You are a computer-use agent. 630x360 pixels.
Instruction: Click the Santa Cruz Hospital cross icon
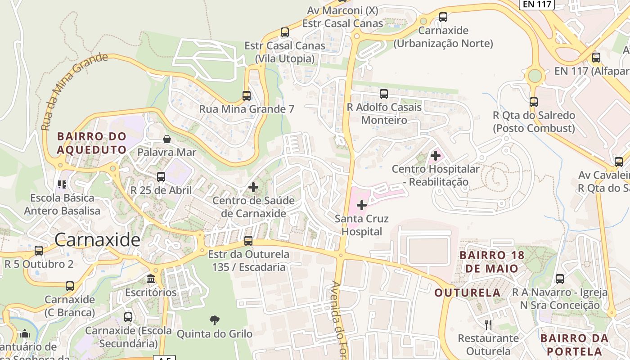click(362, 206)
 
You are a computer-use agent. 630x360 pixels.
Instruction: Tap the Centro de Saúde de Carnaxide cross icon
click(253, 187)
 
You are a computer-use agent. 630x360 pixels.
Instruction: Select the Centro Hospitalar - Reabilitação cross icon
click(435, 156)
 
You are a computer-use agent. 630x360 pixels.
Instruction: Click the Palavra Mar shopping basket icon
click(167, 139)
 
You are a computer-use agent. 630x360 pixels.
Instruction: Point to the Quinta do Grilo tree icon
click(215, 320)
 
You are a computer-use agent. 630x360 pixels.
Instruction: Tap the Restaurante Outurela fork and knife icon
click(488, 324)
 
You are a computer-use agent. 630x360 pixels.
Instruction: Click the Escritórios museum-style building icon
click(151, 279)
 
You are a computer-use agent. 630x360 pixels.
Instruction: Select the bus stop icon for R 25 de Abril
click(161, 177)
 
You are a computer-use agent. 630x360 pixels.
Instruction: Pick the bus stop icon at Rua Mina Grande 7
click(247, 96)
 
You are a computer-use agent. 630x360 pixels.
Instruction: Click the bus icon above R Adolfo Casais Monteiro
click(384, 94)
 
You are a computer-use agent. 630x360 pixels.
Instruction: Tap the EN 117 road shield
click(536, 4)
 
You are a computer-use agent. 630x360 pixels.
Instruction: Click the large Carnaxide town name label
click(97, 240)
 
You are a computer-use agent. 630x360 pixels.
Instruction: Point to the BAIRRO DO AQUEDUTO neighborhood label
click(92, 143)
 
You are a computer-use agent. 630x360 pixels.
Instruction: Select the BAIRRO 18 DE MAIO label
click(491, 262)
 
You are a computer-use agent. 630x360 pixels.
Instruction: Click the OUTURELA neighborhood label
click(468, 293)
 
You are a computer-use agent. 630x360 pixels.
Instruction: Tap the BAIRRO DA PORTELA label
click(574, 345)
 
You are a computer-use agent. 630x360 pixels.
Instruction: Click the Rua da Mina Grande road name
click(74, 92)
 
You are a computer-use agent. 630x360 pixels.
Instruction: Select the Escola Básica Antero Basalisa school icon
click(62, 184)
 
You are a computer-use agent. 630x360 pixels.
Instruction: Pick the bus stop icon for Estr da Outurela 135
click(248, 241)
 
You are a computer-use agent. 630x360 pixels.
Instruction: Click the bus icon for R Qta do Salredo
click(534, 102)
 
